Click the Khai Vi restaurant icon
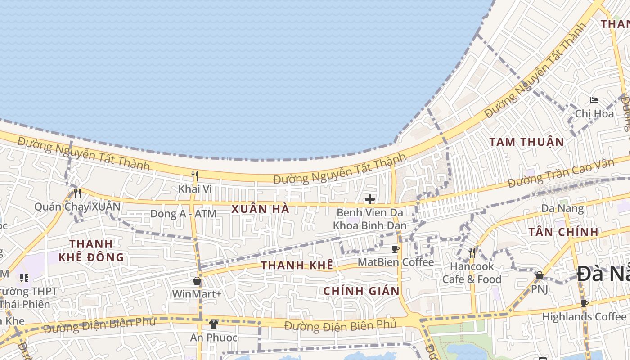[x=195, y=175]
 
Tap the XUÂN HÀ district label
[x=260, y=209]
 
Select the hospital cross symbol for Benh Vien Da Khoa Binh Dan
[x=370, y=199]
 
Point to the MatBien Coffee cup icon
[x=396, y=249]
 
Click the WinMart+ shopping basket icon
[x=197, y=281]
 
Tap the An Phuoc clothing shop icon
[x=213, y=324]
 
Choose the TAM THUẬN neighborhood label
[x=526, y=142]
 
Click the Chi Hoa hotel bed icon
[x=594, y=100]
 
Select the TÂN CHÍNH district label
[x=563, y=232]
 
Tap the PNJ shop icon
[x=539, y=275]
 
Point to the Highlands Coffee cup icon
[x=584, y=303]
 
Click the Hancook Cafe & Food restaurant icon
[x=472, y=253]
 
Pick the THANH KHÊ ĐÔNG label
[x=91, y=251]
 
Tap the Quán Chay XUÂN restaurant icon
[x=77, y=193]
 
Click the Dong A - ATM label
[x=183, y=214]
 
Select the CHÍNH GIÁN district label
[x=361, y=291]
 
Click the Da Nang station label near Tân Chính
[x=562, y=208]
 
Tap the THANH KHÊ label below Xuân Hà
[x=297, y=265]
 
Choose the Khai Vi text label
[x=195, y=189]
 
